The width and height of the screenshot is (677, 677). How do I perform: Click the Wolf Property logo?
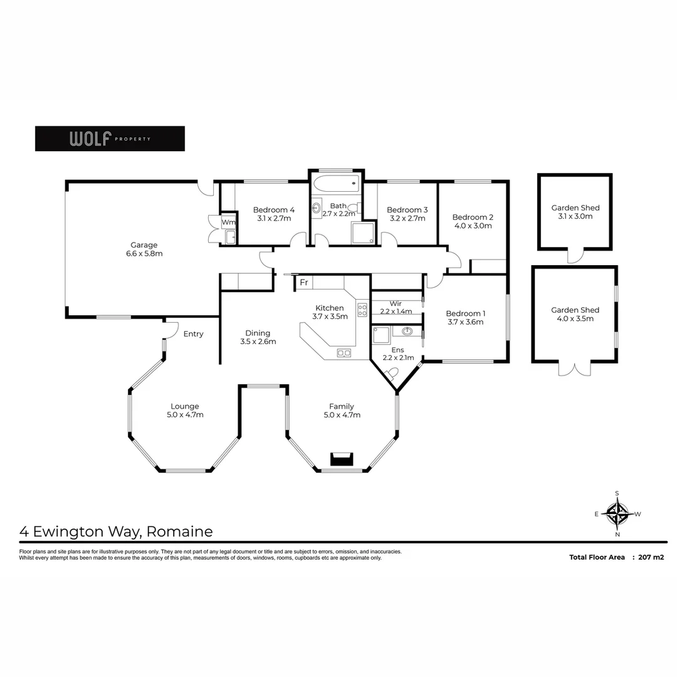click(110, 139)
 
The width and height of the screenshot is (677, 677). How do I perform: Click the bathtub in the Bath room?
click(335, 186)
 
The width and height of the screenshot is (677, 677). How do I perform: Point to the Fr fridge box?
click(304, 283)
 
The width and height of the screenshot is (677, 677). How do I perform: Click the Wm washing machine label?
click(229, 222)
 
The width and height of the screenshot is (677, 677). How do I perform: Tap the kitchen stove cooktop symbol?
click(362, 309)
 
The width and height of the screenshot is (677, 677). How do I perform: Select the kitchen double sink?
click(344, 353)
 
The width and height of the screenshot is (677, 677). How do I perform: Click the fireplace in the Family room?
click(342, 459)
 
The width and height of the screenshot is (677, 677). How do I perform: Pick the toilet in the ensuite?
click(392, 374)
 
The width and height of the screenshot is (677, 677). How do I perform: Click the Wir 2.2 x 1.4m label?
click(396, 307)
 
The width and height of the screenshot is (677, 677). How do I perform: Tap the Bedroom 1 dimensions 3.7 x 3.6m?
click(465, 322)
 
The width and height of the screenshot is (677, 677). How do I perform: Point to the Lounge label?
click(185, 406)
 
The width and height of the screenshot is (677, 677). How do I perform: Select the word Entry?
click(193, 334)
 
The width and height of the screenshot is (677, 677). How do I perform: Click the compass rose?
click(618, 514)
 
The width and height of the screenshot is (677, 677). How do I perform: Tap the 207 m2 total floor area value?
click(651, 557)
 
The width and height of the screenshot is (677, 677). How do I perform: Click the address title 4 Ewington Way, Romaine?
click(117, 532)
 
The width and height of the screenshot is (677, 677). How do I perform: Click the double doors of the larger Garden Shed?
click(574, 369)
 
